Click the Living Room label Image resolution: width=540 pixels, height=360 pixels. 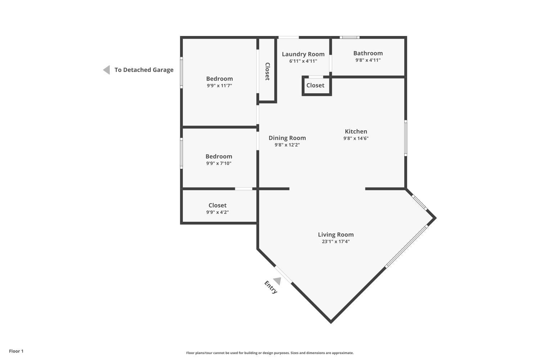click(x=336, y=235)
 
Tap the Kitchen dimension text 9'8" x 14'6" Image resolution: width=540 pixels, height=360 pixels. click(x=356, y=138)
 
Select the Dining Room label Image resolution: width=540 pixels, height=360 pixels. click(x=287, y=138)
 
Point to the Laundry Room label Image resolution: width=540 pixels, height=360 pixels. click(x=303, y=54)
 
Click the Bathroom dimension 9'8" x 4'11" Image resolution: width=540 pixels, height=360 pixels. click(x=368, y=60)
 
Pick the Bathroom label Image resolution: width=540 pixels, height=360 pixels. click(x=368, y=53)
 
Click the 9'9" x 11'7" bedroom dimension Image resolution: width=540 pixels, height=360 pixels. click(x=219, y=86)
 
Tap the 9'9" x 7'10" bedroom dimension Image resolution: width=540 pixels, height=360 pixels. click(x=219, y=163)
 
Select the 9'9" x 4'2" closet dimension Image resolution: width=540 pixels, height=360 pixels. click(x=217, y=212)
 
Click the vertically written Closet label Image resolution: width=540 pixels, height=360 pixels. click(x=267, y=71)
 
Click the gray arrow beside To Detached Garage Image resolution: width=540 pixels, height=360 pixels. click(x=107, y=70)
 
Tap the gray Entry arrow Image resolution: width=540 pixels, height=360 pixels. click(x=278, y=281)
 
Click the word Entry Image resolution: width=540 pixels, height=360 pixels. click(x=271, y=287)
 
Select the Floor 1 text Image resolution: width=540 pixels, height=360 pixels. click(x=16, y=351)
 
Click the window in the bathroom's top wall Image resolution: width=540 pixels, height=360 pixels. click(x=350, y=37)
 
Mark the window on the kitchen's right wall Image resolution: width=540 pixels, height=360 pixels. click(x=406, y=138)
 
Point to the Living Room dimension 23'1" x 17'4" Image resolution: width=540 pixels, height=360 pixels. click(x=336, y=241)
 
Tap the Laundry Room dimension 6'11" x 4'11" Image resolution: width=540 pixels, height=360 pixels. click(x=303, y=61)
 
